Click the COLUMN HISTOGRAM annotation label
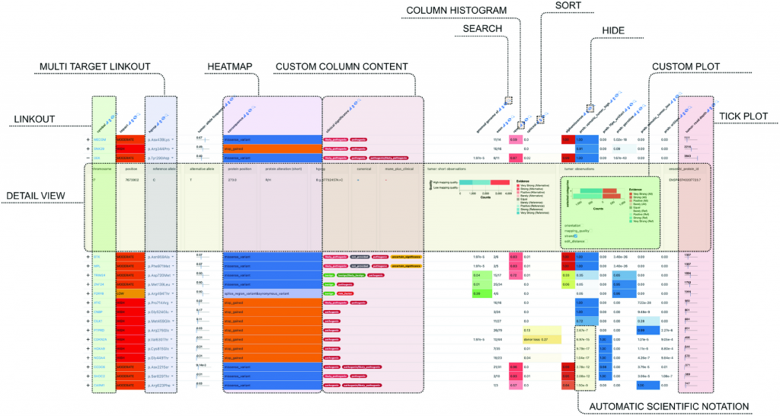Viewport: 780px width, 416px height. (x=456, y=10)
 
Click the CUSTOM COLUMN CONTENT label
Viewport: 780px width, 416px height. (x=337, y=67)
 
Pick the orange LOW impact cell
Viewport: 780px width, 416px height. (x=129, y=292)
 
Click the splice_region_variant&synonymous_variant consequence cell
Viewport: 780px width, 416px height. (x=271, y=292)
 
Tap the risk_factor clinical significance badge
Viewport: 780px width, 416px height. (x=366, y=292)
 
